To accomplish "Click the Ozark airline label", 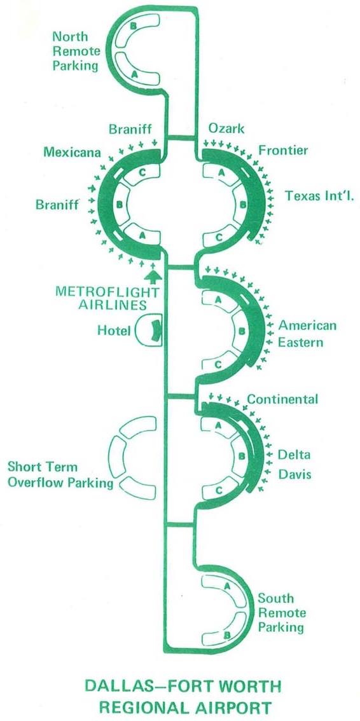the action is [226, 128].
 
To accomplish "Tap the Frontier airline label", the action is [283, 150].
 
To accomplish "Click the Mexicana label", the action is [72, 152].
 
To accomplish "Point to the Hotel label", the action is [114, 330].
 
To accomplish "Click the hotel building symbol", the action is [149, 331].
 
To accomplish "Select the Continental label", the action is [282, 399].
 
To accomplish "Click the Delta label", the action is [294, 455].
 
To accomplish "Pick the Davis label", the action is [294, 474].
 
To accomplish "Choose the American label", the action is [308, 326].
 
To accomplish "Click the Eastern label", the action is [301, 342].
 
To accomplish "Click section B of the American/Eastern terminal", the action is [242, 331].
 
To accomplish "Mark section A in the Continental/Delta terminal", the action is [219, 425].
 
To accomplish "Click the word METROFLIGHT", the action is [107, 292].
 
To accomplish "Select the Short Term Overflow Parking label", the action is [60, 475].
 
